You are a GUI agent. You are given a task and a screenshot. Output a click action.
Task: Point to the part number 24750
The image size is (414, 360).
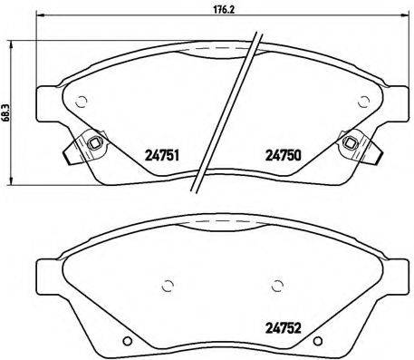[283, 154]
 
